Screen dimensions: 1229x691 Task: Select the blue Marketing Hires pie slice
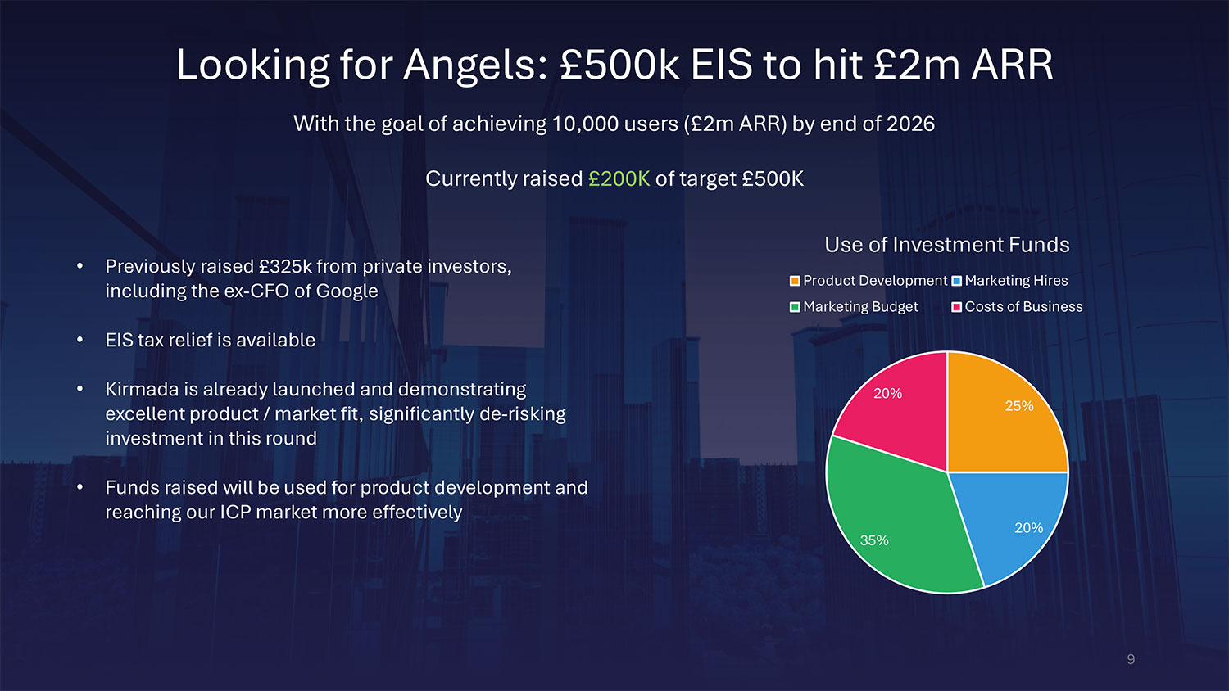[x=1012, y=521]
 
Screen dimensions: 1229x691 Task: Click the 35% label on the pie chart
[x=874, y=540]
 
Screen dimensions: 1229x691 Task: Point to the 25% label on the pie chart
[x=1019, y=406]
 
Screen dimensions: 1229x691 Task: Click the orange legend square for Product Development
[x=795, y=281]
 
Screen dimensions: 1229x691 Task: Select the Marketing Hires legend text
[x=1016, y=281]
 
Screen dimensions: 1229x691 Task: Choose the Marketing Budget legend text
[x=860, y=306]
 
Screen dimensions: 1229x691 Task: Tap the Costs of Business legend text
[x=1024, y=306]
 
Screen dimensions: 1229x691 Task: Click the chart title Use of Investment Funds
[x=947, y=245]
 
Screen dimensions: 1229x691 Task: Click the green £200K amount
[x=619, y=178]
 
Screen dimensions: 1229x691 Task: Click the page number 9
[x=1131, y=659]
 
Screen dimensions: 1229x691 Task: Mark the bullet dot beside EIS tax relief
[x=80, y=340]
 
